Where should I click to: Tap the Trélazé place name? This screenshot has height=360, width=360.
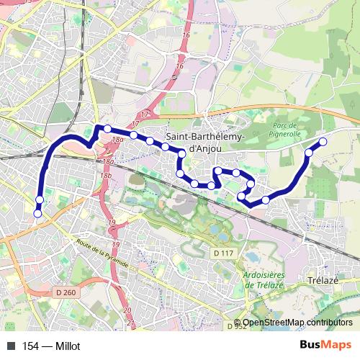(323, 280)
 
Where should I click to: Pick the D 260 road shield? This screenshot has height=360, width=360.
(65, 292)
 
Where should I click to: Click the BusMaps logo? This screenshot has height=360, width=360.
(330, 345)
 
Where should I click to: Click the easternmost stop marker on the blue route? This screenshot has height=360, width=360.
(323, 142)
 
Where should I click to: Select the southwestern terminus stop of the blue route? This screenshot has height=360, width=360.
(37, 212)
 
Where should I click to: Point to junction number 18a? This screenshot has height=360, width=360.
(119, 138)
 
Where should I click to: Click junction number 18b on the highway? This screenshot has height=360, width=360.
(107, 175)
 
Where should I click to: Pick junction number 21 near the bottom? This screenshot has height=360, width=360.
(131, 323)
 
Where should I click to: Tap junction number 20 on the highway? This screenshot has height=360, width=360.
(127, 310)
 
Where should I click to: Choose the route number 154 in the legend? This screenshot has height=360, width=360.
(31, 346)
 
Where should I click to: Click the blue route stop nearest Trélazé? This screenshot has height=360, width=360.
(266, 199)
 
